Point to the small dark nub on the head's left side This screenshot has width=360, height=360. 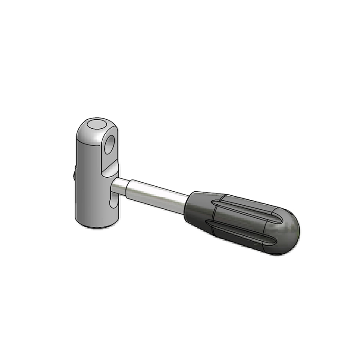coord(74,174)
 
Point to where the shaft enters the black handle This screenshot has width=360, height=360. coord(186,203)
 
